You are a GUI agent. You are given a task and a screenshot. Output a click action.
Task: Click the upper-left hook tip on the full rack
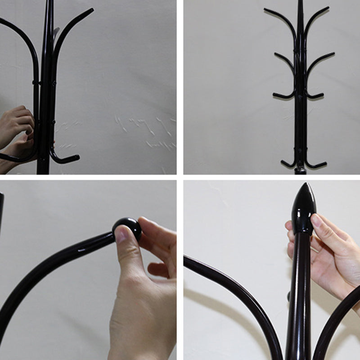click(x=266, y=10)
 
